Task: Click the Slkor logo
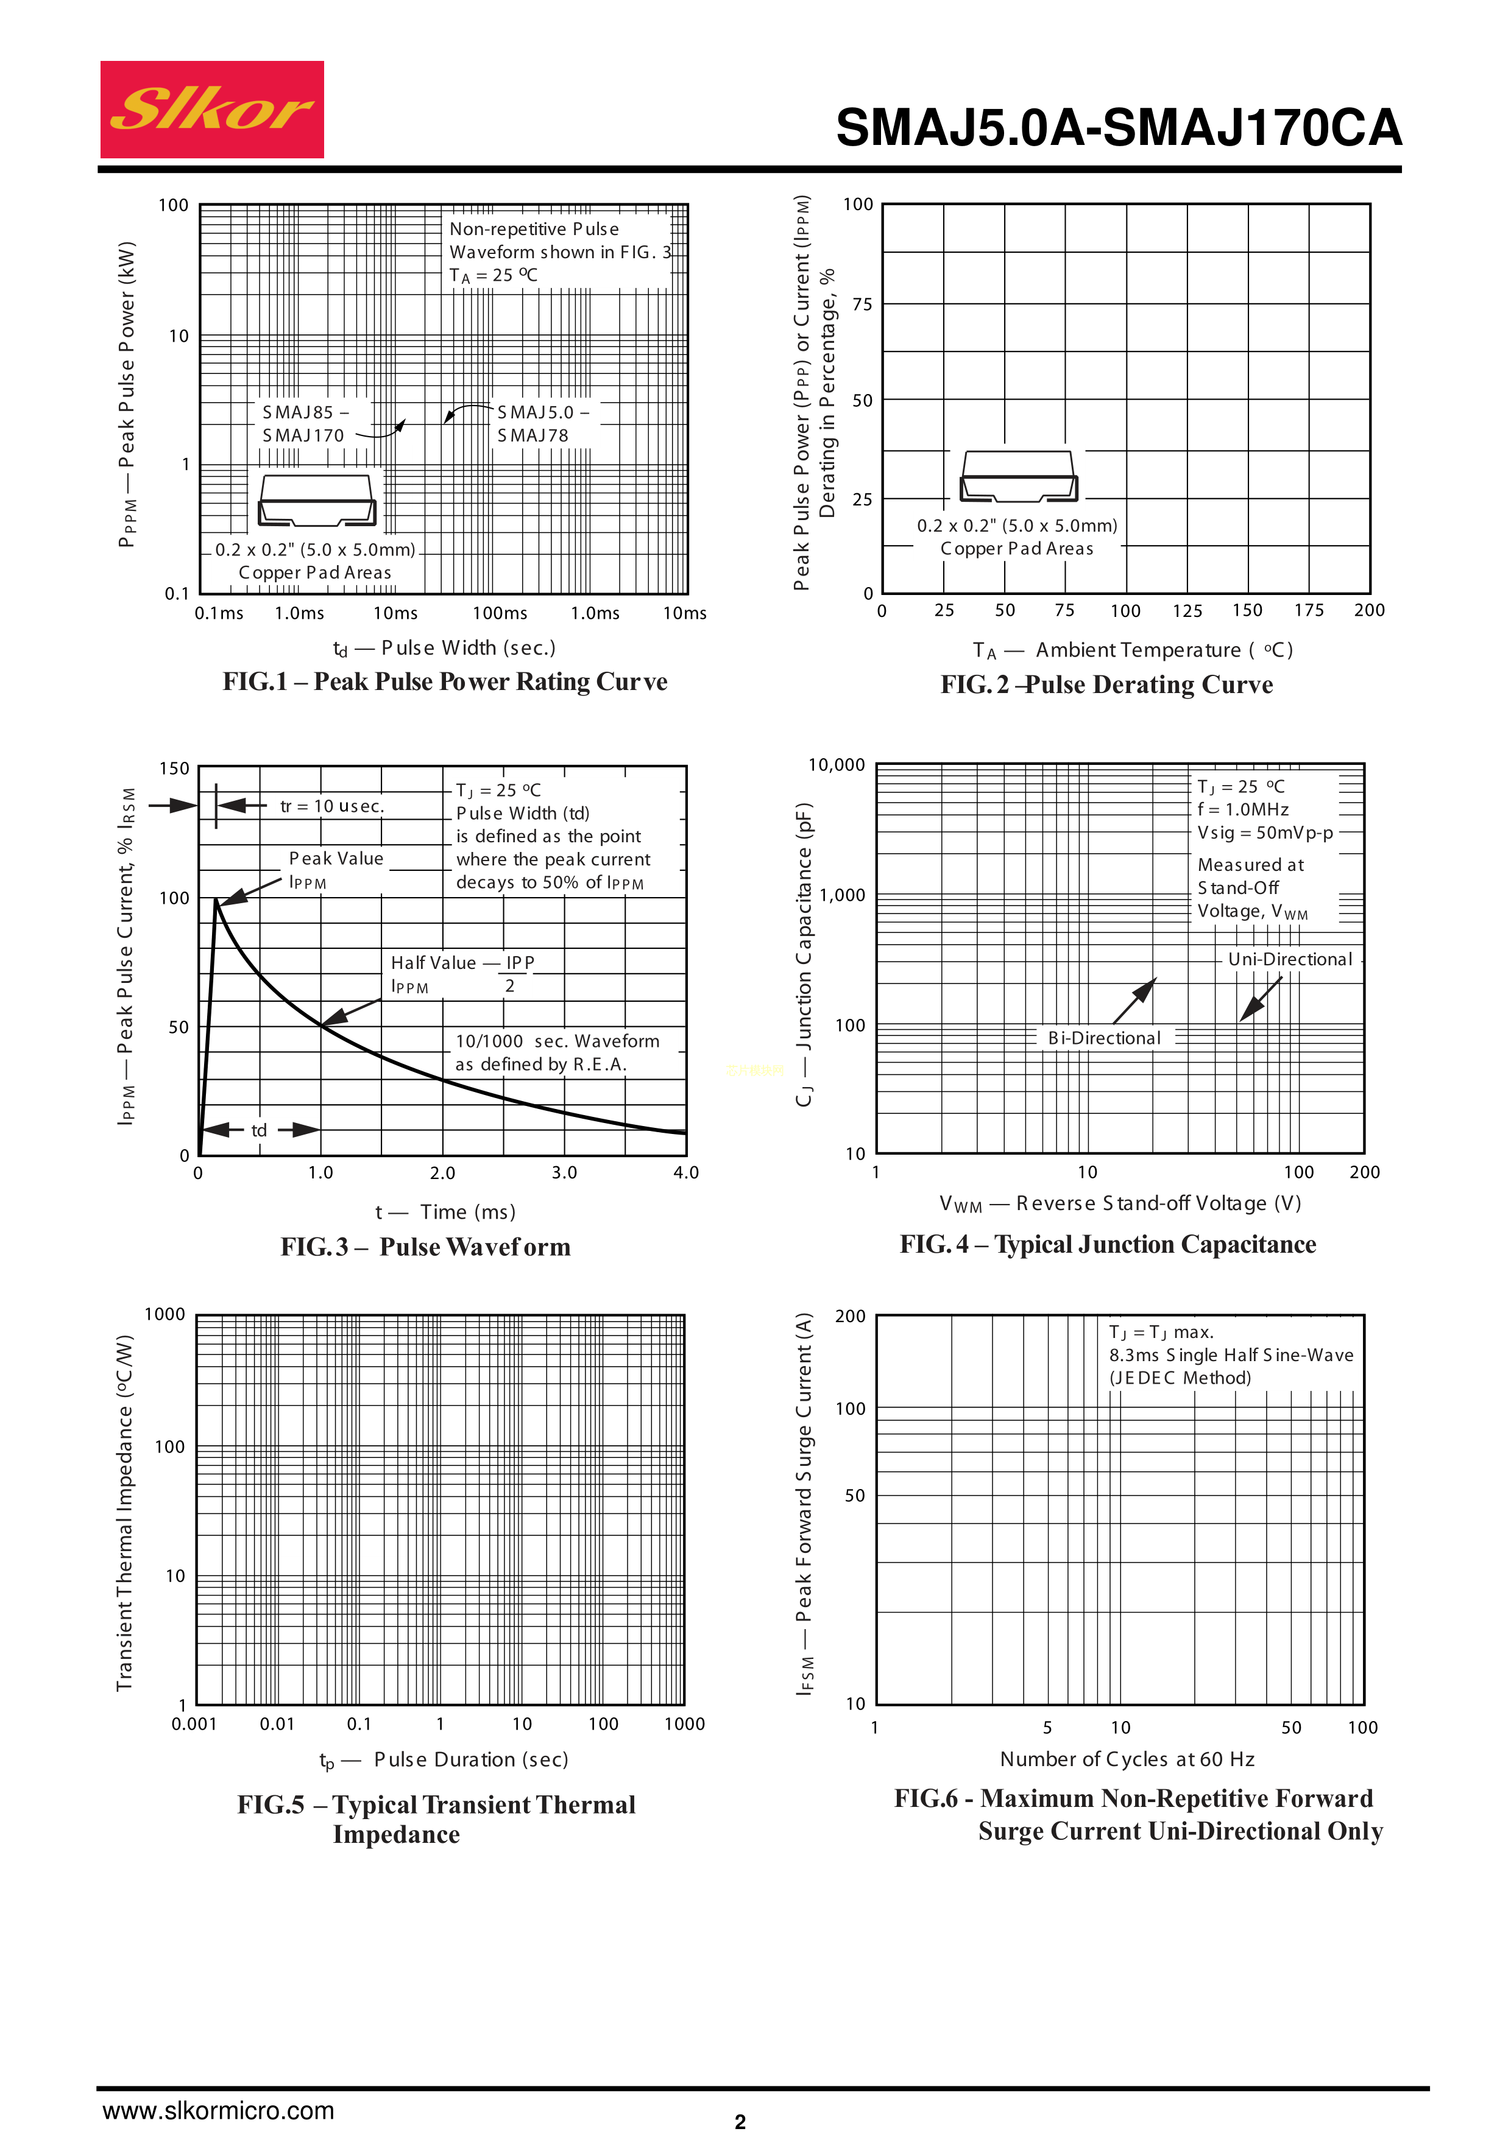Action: tap(212, 110)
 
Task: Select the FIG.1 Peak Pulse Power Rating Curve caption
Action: tap(445, 681)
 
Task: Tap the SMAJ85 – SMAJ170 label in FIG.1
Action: tap(303, 423)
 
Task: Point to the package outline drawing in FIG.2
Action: tap(1019, 476)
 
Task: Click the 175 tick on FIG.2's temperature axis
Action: tap(1308, 611)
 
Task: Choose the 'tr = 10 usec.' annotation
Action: tap(331, 806)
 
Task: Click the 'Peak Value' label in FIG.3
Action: tap(336, 858)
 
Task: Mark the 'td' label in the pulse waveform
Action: tap(259, 1130)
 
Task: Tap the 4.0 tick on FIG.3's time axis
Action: tap(685, 1173)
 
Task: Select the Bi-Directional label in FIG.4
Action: tap(1104, 1038)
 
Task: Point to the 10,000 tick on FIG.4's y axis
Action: tap(836, 765)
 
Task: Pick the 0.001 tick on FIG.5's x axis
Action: tap(194, 1723)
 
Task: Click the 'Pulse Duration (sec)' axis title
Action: tap(470, 1759)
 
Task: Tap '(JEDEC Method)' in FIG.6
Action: tap(1180, 1378)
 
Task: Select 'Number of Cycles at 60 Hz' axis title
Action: tap(1127, 1759)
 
